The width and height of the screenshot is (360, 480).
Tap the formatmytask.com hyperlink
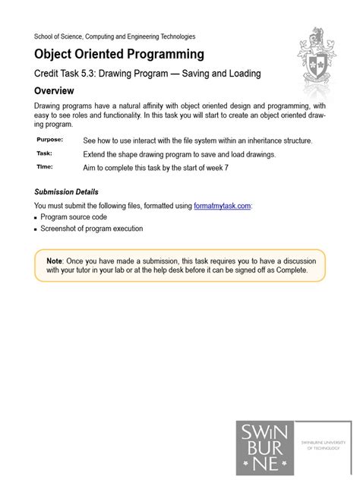[x=222, y=205]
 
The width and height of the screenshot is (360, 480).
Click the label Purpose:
[x=50, y=140]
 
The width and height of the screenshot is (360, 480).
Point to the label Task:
[x=44, y=153]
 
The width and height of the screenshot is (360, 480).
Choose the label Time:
[x=44, y=166]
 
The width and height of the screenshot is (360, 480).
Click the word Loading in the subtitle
[x=241, y=74]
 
